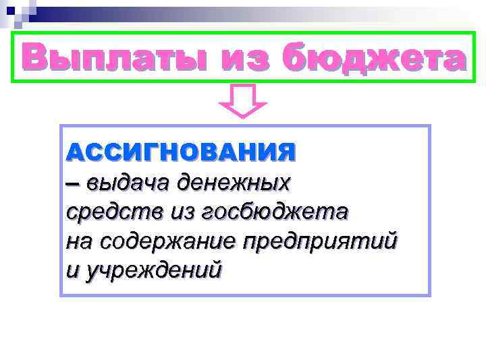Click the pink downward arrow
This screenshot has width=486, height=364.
click(x=243, y=101)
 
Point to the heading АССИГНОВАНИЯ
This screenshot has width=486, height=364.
click(x=181, y=151)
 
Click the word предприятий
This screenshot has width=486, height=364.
click(x=321, y=241)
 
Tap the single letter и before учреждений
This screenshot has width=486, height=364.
click(x=73, y=270)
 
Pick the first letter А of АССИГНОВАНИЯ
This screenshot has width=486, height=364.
click(x=75, y=151)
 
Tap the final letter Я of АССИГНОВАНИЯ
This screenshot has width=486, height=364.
click(x=286, y=151)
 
